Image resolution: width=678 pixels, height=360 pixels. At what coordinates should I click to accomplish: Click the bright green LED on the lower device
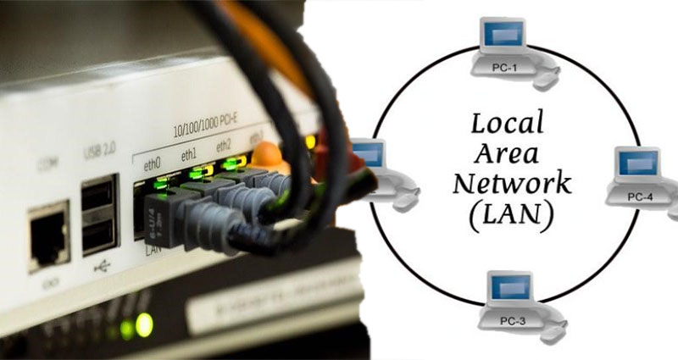pos(143,324)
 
